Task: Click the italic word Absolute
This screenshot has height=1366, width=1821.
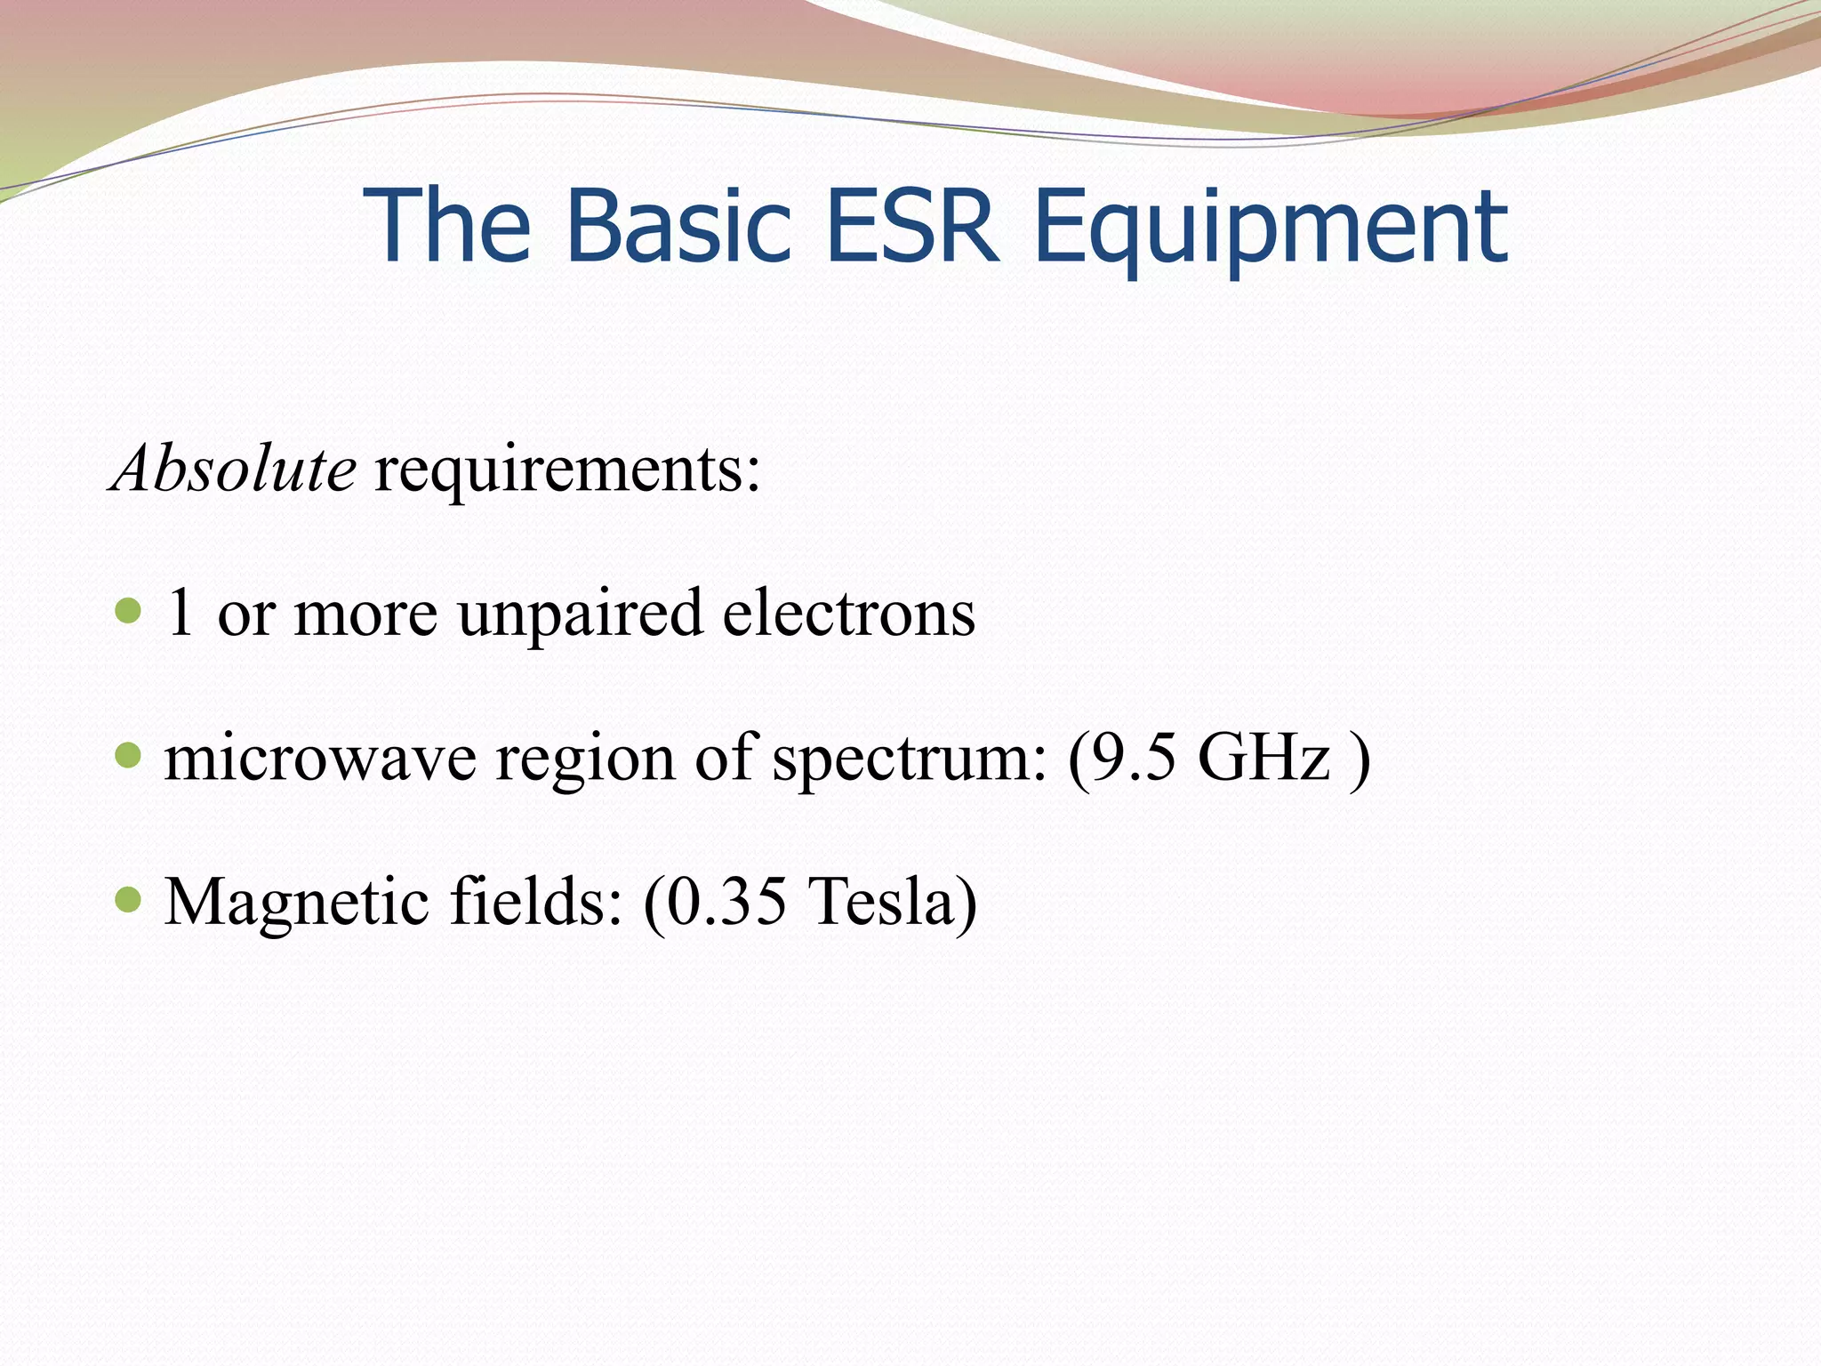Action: tap(234, 469)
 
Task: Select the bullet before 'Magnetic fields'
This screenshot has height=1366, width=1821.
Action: tap(129, 899)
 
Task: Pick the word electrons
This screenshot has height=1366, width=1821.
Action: tap(848, 614)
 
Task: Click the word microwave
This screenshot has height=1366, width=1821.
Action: tap(320, 759)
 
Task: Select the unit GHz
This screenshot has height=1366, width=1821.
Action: tap(1263, 758)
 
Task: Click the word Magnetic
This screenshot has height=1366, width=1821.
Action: tap(297, 903)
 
